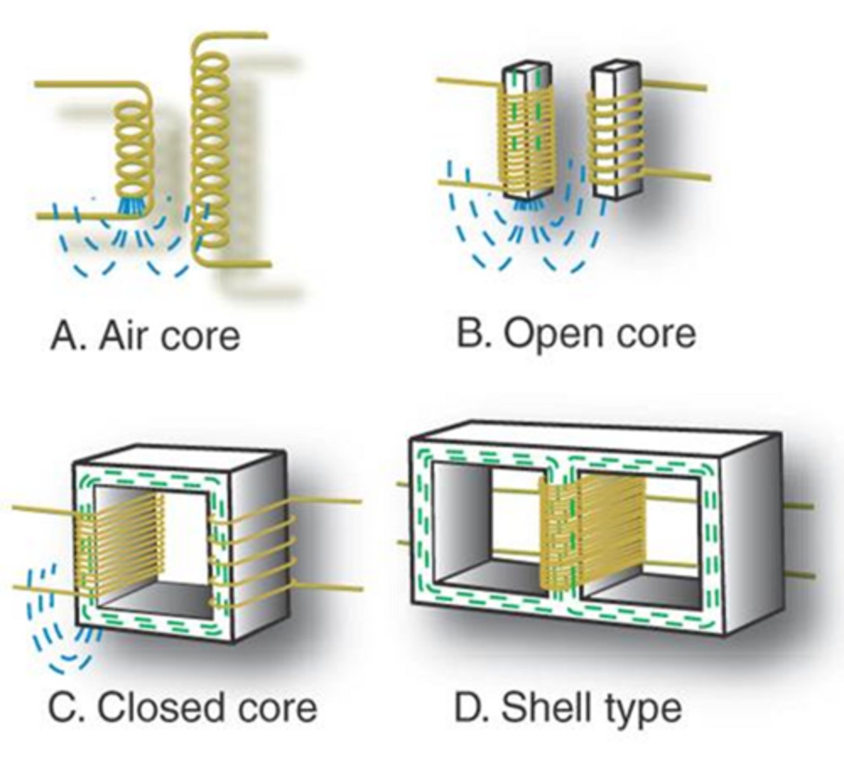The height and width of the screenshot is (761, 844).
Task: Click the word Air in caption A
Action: pyautogui.click(x=124, y=335)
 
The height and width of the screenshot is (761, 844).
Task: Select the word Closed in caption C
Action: pyautogui.click(x=152, y=706)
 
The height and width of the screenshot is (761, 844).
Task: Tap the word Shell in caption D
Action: pyautogui.click(x=546, y=706)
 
